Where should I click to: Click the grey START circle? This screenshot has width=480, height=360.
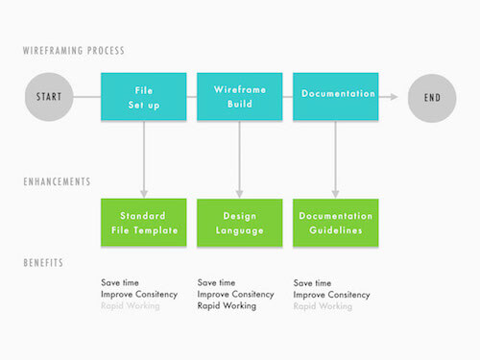(x=48, y=97)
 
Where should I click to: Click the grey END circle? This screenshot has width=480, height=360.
(x=432, y=97)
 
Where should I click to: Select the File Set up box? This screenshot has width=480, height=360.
(x=143, y=97)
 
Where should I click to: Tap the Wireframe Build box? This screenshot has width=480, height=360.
(x=239, y=97)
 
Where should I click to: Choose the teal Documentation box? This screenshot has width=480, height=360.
(x=336, y=96)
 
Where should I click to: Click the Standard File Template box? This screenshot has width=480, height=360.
(x=143, y=223)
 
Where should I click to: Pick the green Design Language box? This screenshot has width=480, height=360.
(x=239, y=223)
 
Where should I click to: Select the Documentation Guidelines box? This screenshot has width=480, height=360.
(x=336, y=223)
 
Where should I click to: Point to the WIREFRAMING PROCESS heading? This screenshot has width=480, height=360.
(x=74, y=51)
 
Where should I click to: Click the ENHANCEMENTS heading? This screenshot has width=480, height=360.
(x=58, y=180)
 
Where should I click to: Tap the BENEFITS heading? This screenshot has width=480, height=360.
(x=45, y=261)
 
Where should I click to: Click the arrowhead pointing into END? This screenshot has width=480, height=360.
(x=394, y=97)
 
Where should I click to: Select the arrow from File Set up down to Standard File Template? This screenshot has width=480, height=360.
(x=143, y=158)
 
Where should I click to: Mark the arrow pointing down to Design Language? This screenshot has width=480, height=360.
(x=239, y=158)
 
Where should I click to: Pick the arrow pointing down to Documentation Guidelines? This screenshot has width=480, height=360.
(x=336, y=158)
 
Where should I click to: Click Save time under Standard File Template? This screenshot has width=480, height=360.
(x=120, y=283)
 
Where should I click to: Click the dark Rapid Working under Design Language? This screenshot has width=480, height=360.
(x=227, y=306)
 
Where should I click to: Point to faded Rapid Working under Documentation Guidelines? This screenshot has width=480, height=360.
(x=323, y=306)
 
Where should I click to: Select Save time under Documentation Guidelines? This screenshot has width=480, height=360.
(x=312, y=283)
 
